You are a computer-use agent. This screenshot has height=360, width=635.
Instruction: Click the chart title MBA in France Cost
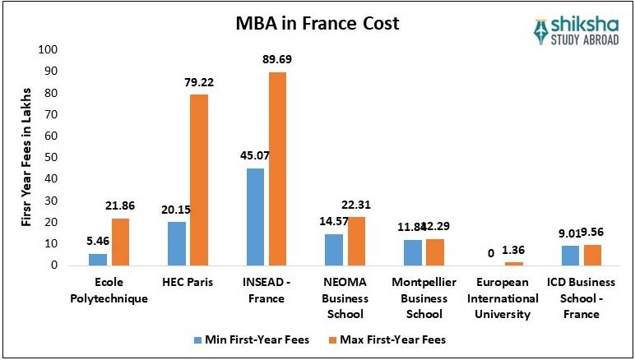(316, 23)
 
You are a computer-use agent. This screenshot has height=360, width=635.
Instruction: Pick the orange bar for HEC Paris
(199, 180)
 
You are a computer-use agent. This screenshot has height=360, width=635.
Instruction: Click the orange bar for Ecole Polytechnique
(122, 242)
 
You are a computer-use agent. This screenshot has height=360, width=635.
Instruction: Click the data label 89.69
(276, 59)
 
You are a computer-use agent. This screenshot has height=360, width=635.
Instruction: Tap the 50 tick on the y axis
(49, 157)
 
